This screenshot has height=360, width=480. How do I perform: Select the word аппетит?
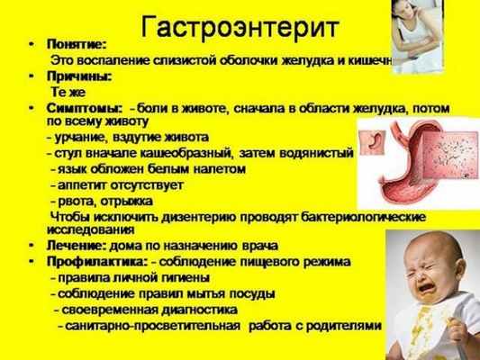[82, 184]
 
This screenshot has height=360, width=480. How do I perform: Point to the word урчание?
[76, 136]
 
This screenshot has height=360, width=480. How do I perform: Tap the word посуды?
[253, 293]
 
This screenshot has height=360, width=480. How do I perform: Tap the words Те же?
[68, 92]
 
